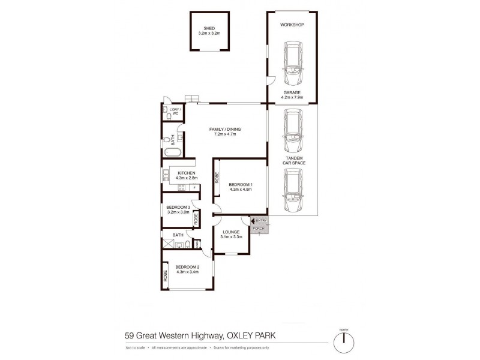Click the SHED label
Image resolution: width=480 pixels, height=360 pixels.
[x=209, y=28]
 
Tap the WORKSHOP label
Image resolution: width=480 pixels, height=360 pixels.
[x=292, y=25]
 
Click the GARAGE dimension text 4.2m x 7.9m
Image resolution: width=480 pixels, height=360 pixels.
[x=292, y=97]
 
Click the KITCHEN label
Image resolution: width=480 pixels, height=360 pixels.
[x=187, y=173]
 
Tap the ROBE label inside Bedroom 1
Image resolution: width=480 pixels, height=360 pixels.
[x=217, y=178]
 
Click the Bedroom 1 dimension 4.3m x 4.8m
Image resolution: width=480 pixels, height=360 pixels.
[x=240, y=188]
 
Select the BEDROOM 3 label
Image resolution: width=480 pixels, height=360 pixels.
[x=178, y=207]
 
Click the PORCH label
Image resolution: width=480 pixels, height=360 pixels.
[x=259, y=228]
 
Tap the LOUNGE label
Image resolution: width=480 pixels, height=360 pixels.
[x=231, y=232]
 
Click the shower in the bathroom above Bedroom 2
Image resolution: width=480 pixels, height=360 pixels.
[x=166, y=244]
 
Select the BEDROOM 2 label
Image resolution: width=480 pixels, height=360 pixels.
[x=187, y=268]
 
